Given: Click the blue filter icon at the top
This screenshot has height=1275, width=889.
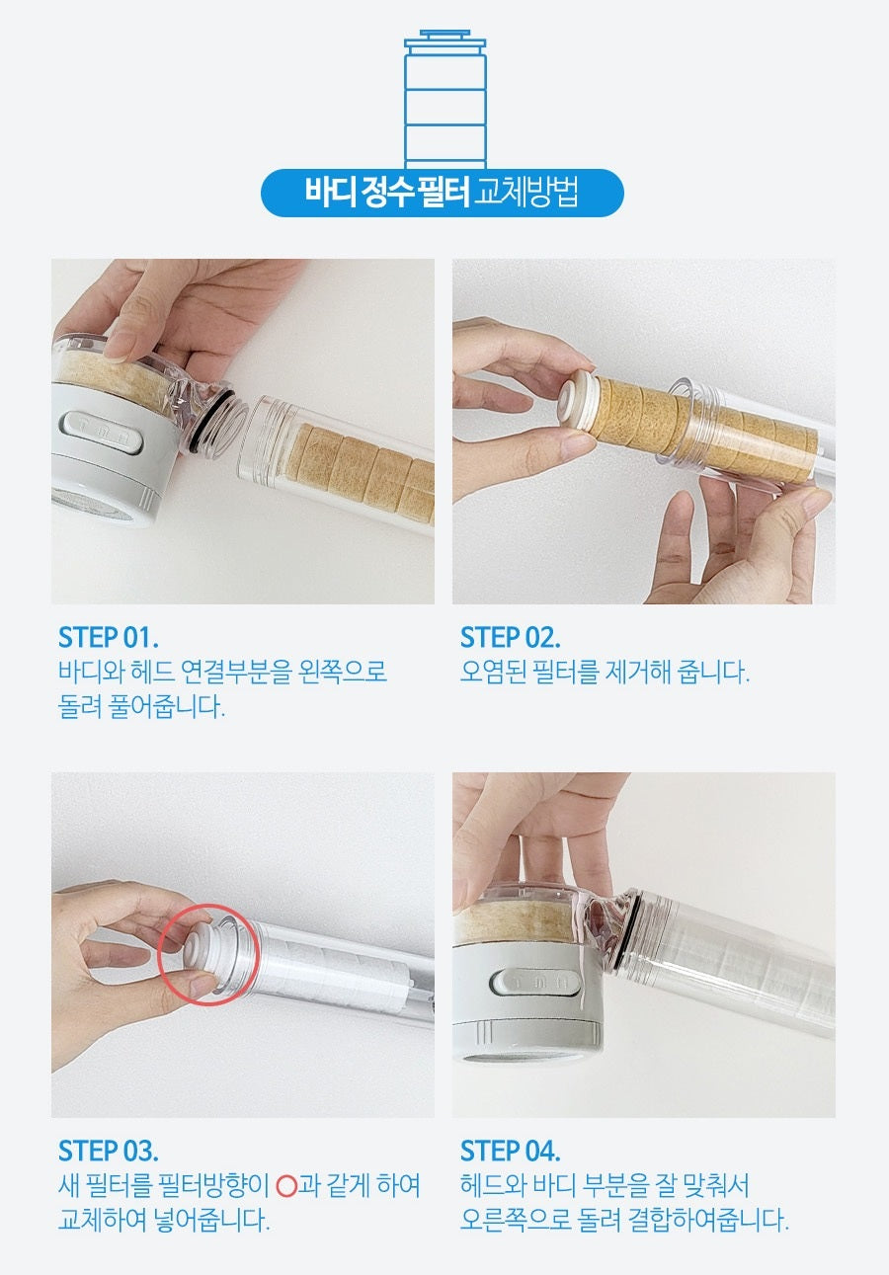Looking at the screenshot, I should pos(444,99).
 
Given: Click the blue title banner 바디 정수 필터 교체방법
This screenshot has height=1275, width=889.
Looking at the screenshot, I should pos(443,193).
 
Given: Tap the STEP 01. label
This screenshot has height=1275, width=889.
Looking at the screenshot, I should pos(109,637).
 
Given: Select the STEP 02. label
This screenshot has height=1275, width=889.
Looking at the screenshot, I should pos(510,637).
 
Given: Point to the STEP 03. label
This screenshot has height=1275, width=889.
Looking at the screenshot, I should pos(109,1151).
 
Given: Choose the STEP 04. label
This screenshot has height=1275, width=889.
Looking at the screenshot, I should pos(510,1151).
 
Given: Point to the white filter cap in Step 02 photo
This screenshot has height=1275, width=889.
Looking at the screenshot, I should pos(573,405).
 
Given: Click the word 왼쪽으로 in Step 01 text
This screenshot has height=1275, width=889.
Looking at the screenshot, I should pos(339,673).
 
